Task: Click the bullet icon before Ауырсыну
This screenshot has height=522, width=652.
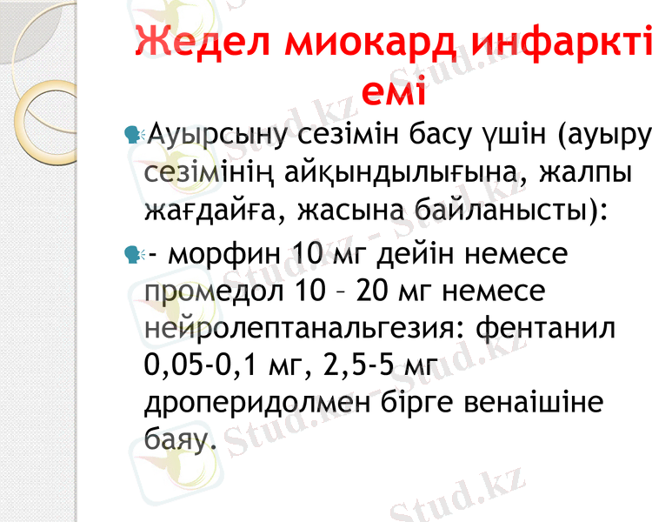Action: coord(133,135)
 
